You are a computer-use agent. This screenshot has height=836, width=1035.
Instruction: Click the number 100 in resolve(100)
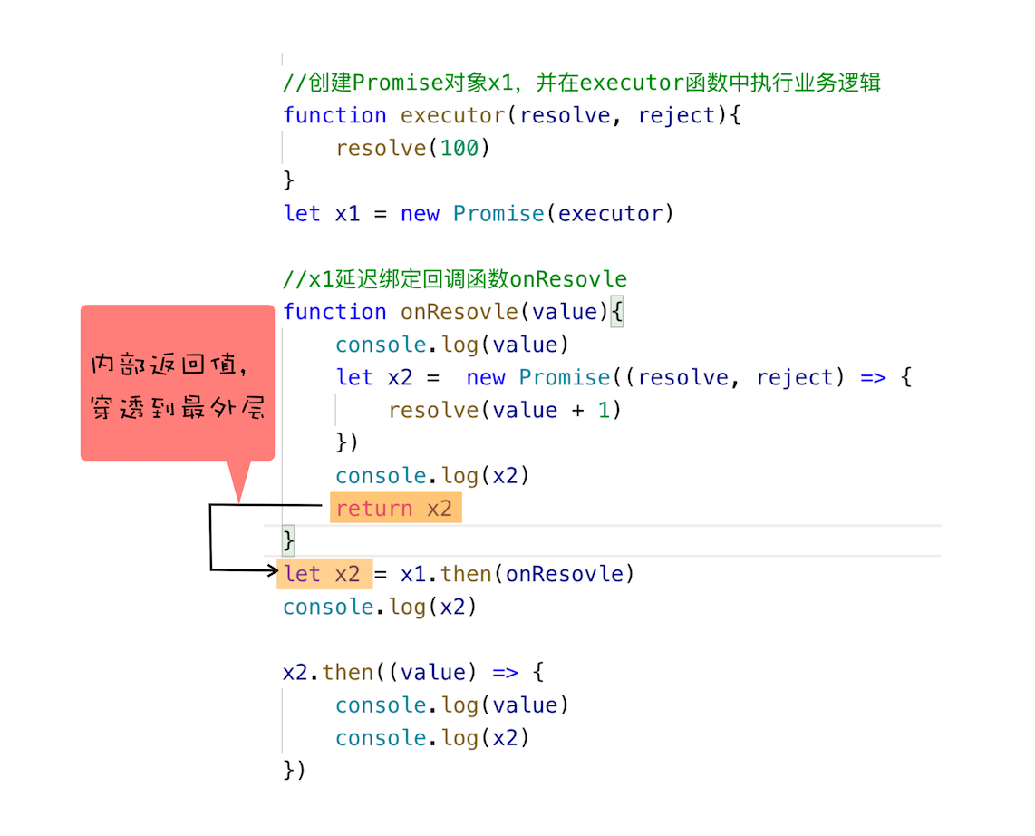pyautogui.click(x=459, y=148)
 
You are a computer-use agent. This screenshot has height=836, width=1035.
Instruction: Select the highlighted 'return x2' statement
pyautogui.click(x=395, y=508)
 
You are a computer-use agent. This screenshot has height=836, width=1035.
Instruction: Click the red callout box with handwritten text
pyautogui.click(x=177, y=383)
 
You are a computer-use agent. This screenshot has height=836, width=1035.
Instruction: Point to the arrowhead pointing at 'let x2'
pyautogui.click(x=274, y=570)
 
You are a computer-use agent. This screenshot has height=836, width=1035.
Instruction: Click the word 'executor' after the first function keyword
pyautogui.click(x=453, y=115)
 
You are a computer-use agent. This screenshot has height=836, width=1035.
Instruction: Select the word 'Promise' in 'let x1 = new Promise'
pyautogui.click(x=498, y=214)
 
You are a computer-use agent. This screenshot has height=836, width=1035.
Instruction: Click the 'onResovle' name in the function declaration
pyautogui.click(x=459, y=312)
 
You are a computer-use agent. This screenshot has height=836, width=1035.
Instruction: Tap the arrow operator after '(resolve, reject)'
pyautogui.click(x=873, y=378)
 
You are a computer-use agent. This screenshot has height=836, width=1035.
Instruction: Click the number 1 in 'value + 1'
pyautogui.click(x=604, y=410)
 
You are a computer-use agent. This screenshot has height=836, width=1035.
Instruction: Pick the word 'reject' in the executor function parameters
pyautogui.click(x=677, y=115)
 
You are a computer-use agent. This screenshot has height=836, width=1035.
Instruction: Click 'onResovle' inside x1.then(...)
pyautogui.click(x=565, y=574)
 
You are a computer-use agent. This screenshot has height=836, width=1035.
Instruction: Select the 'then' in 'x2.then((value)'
pyautogui.click(x=348, y=672)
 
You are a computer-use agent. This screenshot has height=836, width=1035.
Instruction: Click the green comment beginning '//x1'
pyautogui.click(x=455, y=278)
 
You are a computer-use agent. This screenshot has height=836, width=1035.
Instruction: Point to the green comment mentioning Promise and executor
pyautogui.click(x=582, y=83)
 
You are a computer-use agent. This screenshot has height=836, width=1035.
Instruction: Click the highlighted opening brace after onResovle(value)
pyautogui.click(x=616, y=312)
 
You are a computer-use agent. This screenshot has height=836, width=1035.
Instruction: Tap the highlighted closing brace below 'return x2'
pyautogui.click(x=288, y=540)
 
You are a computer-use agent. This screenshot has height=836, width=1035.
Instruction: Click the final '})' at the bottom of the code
pyautogui.click(x=295, y=770)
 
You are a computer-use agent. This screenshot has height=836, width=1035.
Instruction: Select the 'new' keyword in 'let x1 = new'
pyautogui.click(x=420, y=214)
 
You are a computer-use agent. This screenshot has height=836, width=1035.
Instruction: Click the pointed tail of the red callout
pyautogui.click(x=239, y=501)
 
